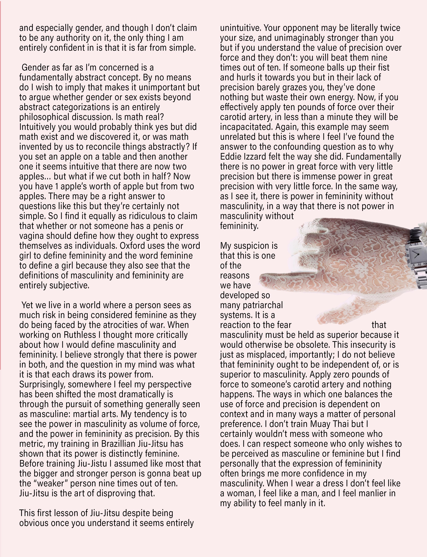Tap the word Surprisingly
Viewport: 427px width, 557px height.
click(x=42, y=384)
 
